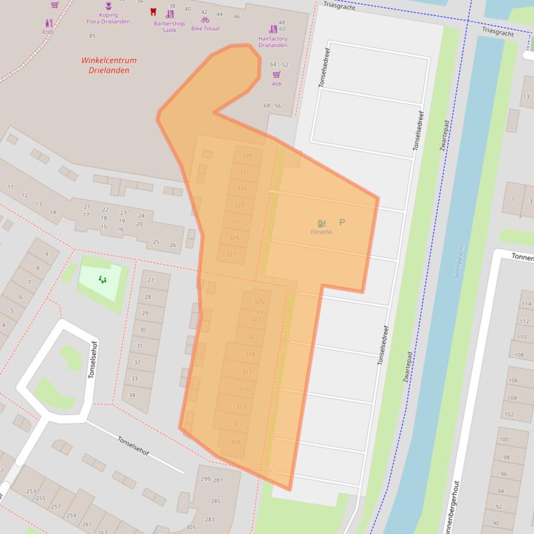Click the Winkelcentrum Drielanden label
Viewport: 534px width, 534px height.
108,65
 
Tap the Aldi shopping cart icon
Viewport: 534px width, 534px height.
276,74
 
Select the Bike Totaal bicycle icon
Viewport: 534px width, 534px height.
205,19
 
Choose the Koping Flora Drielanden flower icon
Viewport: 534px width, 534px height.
108,6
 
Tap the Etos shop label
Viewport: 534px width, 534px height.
47,32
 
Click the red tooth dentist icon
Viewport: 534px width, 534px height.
153,12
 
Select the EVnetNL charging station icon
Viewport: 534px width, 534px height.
322,223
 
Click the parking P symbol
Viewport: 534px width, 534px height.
342,223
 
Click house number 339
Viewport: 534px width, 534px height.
247,157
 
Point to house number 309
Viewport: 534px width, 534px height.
235,442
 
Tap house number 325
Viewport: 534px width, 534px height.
258,302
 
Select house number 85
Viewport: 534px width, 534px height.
92,36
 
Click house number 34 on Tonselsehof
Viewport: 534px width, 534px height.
132,395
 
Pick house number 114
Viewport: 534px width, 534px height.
526,304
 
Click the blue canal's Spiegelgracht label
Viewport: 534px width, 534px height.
458,261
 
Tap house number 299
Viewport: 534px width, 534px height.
206,479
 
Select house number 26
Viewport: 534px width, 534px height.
173,245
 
